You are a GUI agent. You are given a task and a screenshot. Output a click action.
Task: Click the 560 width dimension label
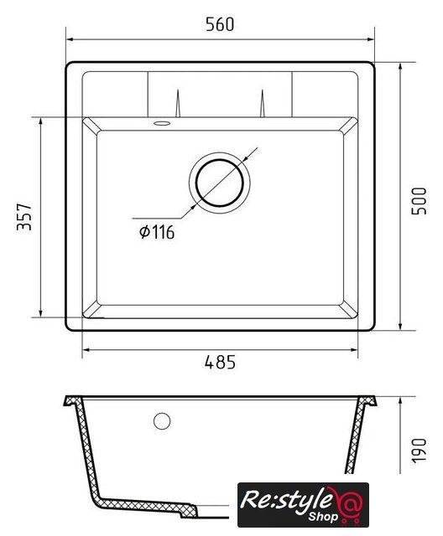[220, 24]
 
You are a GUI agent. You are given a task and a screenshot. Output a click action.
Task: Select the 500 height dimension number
[419, 201]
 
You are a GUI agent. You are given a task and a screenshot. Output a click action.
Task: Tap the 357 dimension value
[24, 217]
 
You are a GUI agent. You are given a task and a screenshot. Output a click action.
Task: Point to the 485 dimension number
[220, 362]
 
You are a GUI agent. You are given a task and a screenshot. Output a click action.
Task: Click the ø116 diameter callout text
[157, 232]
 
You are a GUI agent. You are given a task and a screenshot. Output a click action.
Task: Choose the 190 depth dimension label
[419, 451]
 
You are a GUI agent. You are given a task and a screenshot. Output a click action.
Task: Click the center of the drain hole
[220, 183]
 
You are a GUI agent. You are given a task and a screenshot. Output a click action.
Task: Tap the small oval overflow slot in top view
[162, 123]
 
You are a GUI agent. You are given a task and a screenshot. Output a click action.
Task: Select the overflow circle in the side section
[162, 421]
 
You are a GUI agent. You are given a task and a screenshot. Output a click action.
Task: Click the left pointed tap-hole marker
[178, 103]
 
